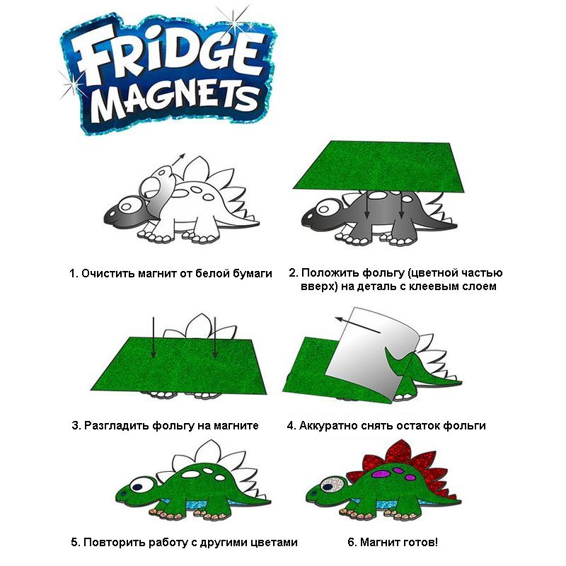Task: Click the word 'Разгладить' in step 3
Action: [116, 426]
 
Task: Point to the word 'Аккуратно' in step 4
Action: [328, 426]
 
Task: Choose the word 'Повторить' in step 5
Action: [112, 542]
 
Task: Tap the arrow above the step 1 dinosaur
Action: [178, 160]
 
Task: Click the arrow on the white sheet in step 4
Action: [357, 325]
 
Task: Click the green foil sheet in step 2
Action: [379, 166]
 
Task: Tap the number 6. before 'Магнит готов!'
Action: [352, 542]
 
